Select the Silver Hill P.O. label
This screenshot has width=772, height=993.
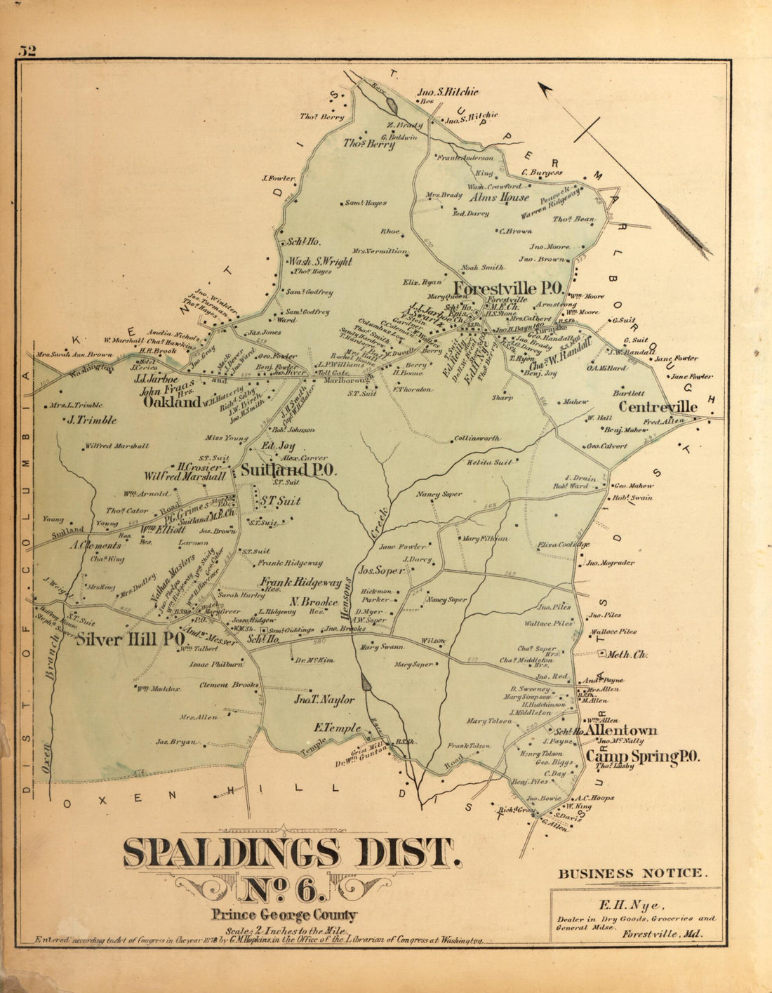tap(130, 639)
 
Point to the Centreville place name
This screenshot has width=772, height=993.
tap(658, 407)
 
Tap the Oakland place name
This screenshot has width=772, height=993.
tap(172, 403)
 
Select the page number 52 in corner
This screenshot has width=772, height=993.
tap(28, 51)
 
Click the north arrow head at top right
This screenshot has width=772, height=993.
tap(545, 88)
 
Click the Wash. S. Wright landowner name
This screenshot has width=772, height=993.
tap(320, 262)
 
